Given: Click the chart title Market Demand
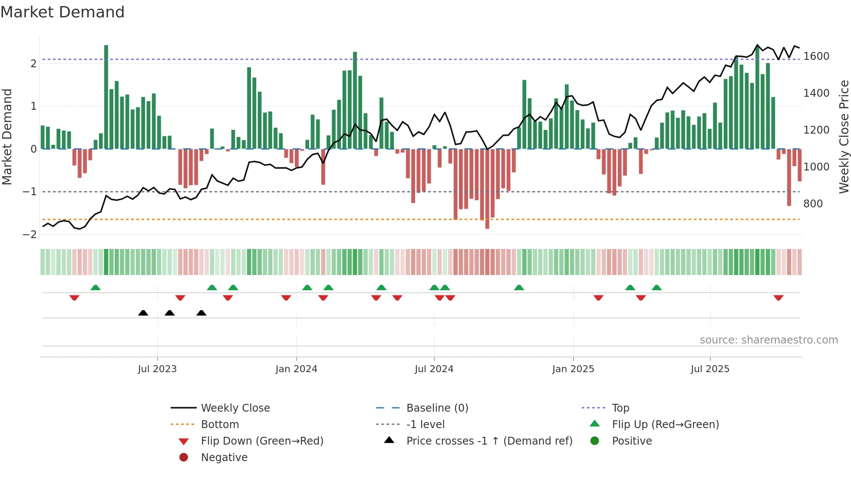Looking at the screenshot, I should tap(63, 12).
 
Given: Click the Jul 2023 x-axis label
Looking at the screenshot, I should tap(157, 369).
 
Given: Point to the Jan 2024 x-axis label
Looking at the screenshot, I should tap(296, 369).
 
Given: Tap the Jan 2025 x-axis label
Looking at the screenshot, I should tap(573, 369).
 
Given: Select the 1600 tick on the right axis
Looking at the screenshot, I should tap(816, 56).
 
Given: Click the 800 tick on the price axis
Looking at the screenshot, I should tap(813, 204).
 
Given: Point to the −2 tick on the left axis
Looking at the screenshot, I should tap(30, 235).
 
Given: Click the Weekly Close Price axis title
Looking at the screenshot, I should tap(844, 137).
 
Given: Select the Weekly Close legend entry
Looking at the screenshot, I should tap(235, 408).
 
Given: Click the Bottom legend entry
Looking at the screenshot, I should tap(220, 425).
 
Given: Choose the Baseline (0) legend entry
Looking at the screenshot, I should tap(437, 408).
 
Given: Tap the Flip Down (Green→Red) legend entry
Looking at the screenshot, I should tap(262, 441).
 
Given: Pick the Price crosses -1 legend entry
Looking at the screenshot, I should tap(489, 441).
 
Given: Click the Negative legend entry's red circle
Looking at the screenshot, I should tap(184, 458).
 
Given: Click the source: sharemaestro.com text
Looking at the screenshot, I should tap(769, 340).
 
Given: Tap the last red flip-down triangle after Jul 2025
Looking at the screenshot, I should tap(778, 298).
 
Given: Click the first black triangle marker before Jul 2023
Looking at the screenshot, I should tap(143, 313).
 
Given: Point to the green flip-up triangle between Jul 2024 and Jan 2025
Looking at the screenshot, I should tap(519, 288).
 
